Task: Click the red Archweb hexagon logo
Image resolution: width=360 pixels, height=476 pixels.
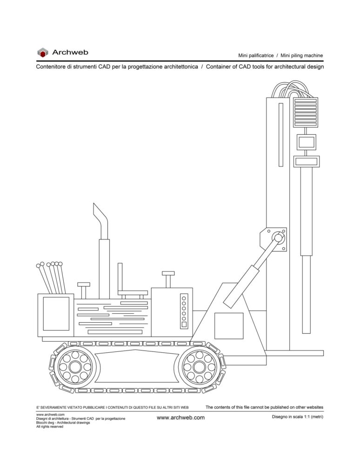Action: pyautogui.click(x=42, y=53)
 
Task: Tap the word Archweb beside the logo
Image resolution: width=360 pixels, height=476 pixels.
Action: pyautogui.click(x=70, y=52)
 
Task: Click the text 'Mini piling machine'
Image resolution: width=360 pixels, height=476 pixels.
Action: pyautogui.click(x=302, y=56)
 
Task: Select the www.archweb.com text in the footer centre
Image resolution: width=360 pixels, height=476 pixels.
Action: pyautogui.click(x=180, y=417)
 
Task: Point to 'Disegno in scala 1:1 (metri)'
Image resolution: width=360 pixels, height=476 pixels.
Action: pyautogui.click(x=297, y=417)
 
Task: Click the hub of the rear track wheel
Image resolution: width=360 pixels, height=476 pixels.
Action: pyautogui.click(x=74, y=367)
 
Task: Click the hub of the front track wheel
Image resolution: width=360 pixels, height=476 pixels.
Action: pyautogui.click(x=199, y=367)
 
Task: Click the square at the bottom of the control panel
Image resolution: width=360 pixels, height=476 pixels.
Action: pyautogui.click(x=184, y=324)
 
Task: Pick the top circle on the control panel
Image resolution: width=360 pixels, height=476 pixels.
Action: pyautogui.click(x=184, y=298)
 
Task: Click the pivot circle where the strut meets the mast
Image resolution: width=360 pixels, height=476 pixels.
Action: pyautogui.click(x=278, y=237)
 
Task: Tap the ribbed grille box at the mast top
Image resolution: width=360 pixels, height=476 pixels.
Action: pyautogui.click(x=305, y=112)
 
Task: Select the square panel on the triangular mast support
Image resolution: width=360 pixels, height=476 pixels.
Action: pyautogui.click(x=229, y=326)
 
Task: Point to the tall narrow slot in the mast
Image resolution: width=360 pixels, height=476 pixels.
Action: pyautogui.click(x=281, y=135)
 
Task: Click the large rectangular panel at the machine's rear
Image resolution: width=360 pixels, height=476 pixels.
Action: pyautogui.click(x=56, y=314)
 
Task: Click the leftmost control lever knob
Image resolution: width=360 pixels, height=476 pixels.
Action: pyautogui.click(x=38, y=265)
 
